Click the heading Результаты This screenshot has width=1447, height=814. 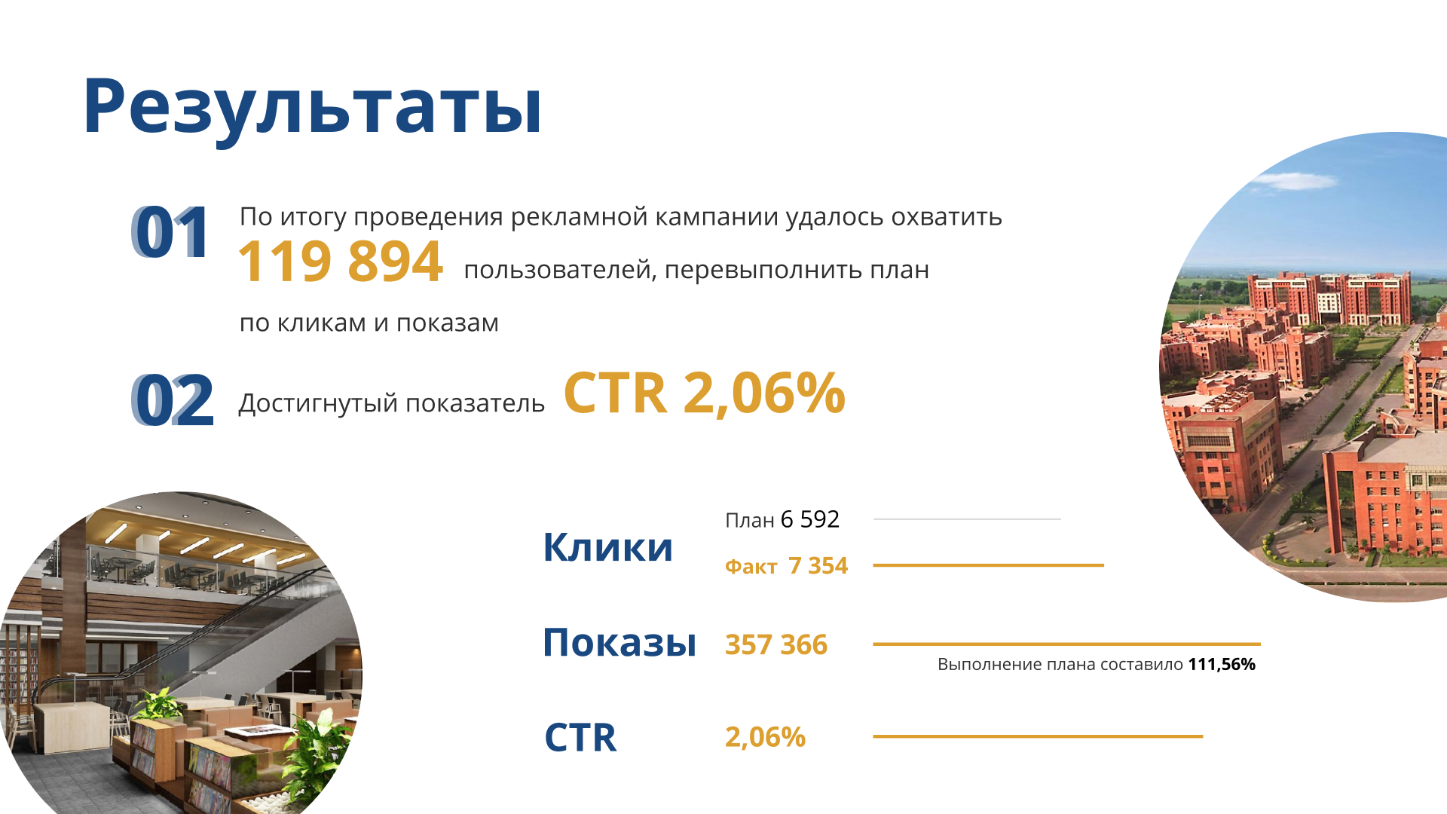pos(312,107)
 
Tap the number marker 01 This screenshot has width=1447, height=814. pos(170,233)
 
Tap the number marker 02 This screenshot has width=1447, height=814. pos(173,400)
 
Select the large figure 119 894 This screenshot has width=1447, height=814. pos(341,262)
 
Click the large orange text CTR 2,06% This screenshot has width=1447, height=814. pos(704,393)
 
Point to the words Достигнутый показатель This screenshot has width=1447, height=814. pos(391,404)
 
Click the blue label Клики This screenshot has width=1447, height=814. pos(607,547)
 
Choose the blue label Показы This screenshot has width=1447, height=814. pos(619,643)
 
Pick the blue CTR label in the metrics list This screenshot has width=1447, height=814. pos(580,738)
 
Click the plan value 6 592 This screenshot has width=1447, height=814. pos(810,519)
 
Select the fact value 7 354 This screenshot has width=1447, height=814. pos(818,565)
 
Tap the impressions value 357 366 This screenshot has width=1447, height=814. pos(776,645)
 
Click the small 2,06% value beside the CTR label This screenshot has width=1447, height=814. pos(765,737)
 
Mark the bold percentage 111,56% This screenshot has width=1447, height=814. pos(1222,665)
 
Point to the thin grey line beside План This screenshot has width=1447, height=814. pos(967,519)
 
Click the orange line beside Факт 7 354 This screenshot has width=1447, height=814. pos(989,565)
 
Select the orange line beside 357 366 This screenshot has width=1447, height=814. pos(1067,644)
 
